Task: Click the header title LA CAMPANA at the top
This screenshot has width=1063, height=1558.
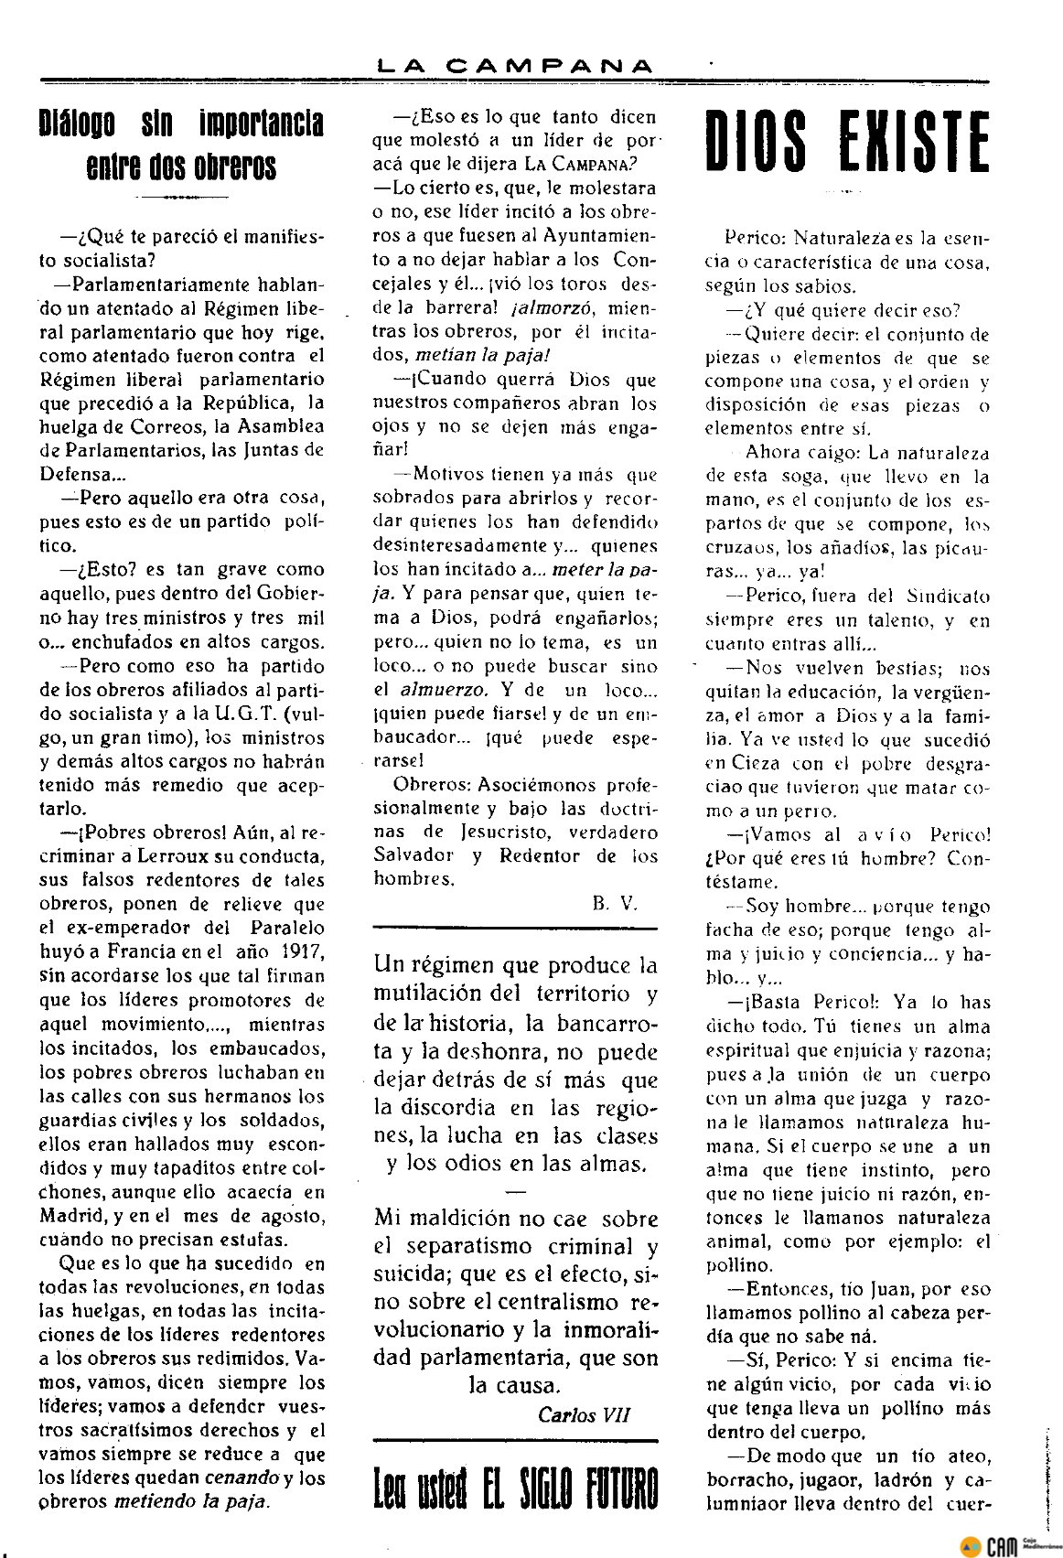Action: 518,65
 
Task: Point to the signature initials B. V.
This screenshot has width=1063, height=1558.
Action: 614,903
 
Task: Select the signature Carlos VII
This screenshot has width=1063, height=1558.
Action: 585,1414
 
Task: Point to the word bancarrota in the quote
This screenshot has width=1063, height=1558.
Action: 604,1022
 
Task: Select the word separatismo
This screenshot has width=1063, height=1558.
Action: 467,1245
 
